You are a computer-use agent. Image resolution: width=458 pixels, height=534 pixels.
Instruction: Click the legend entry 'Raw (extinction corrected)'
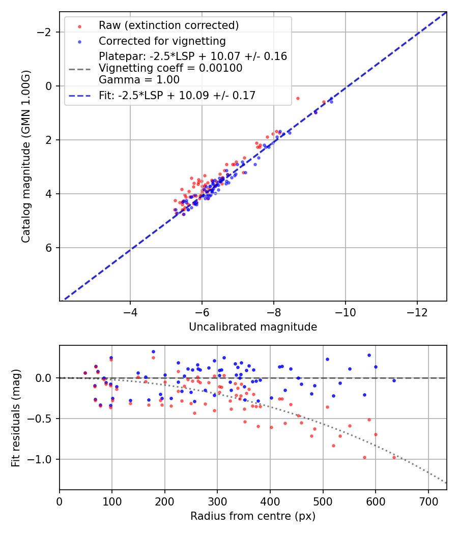(x=168, y=25)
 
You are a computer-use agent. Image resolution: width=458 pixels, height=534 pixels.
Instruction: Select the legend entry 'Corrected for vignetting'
(x=162, y=41)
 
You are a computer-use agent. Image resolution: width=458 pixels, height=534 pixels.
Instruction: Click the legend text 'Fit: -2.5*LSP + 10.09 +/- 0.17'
(x=177, y=95)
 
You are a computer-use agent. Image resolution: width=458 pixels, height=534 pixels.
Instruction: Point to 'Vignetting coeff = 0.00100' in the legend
(x=170, y=68)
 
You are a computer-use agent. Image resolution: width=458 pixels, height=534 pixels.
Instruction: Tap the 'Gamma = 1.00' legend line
(x=139, y=79)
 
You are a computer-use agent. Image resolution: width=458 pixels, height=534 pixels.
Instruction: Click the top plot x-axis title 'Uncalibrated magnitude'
(x=253, y=327)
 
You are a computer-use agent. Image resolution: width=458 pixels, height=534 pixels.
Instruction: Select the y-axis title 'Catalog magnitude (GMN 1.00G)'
(x=26, y=156)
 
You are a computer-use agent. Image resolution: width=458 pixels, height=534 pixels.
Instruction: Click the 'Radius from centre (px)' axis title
(x=253, y=516)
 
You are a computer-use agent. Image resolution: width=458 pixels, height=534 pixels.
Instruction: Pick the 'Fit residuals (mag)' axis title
(x=16, y=418)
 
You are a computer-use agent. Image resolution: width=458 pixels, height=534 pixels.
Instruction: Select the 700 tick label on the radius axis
(x=428, y=501)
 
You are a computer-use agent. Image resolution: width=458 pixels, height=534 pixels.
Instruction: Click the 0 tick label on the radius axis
(x=60, y=501)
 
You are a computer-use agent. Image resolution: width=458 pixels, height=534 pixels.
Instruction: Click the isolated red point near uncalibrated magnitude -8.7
(x=298, y=98)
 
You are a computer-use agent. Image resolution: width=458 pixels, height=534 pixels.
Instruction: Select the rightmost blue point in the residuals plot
(x=394, y=380)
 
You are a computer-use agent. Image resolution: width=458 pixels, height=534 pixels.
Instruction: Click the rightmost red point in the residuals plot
(x=394, y=457)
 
